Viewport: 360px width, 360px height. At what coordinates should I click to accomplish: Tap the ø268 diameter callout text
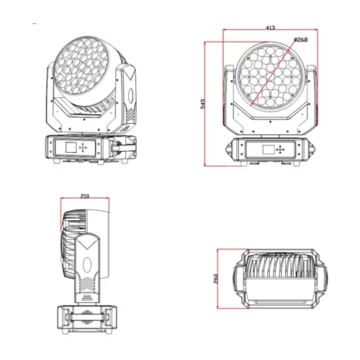300,39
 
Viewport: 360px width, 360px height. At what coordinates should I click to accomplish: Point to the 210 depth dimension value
85,195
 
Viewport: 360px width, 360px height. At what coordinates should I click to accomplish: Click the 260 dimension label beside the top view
215,279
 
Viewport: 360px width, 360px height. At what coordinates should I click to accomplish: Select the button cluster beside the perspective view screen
84,148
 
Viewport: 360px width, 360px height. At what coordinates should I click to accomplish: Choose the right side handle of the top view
318,280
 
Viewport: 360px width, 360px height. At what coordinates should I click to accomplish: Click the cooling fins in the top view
278,277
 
